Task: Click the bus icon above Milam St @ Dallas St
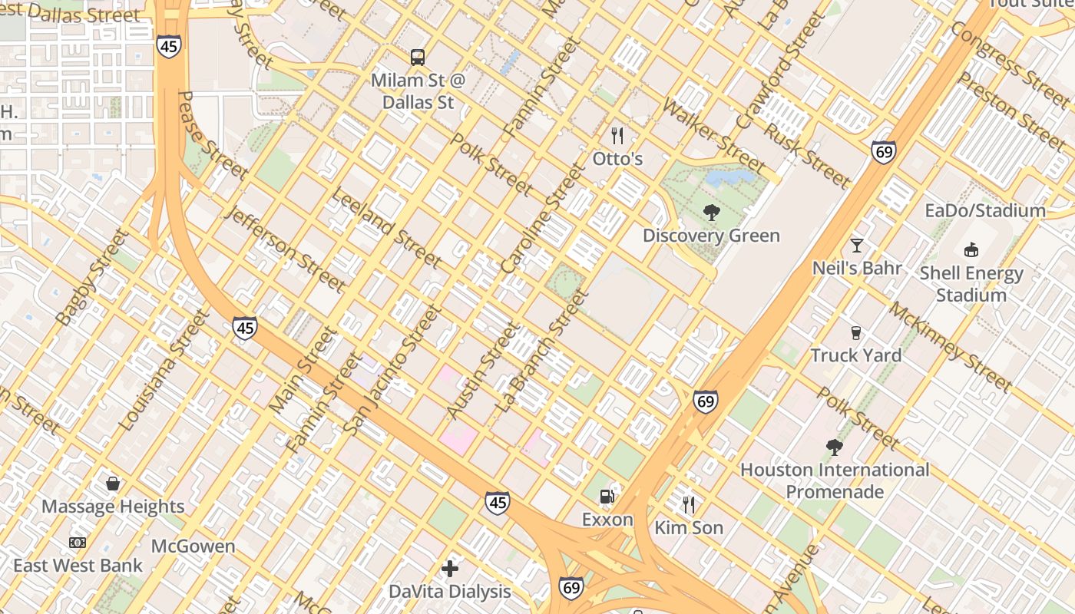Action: (418, 57)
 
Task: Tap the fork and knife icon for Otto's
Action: (617, 136)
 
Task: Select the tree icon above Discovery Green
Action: (712, 213)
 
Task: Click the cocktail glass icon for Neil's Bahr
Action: (857, 246)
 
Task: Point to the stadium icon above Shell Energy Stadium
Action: (971, 249)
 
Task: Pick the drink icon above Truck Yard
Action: (856, 332)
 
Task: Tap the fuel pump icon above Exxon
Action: (607, 497)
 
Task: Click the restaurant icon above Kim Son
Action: (689, 504)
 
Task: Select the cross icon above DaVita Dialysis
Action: (450, 569)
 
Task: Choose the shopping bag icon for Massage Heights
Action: (113, 484)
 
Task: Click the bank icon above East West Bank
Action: (78, 543)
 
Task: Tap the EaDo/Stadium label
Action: (985, 210)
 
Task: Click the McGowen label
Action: (193, 546)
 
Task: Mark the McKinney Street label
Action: (950, 346)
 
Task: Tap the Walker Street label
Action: (713, 136)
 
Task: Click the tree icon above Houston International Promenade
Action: (835, 447)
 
